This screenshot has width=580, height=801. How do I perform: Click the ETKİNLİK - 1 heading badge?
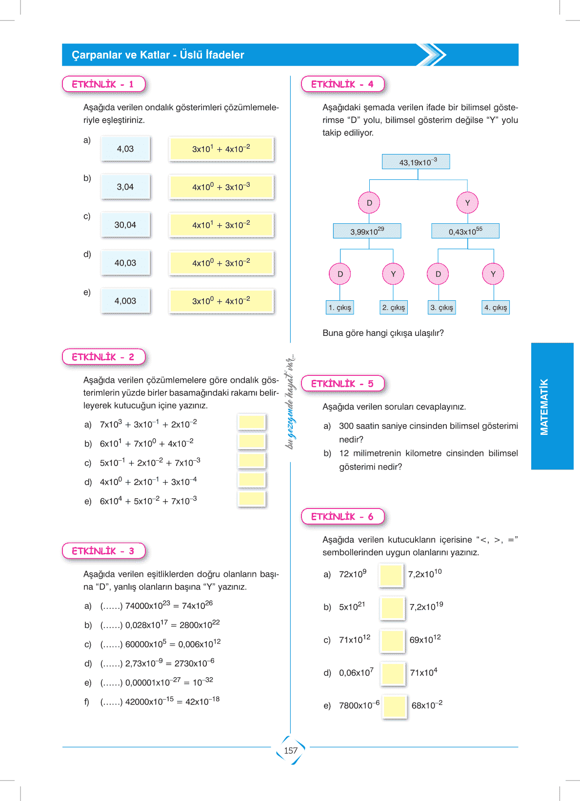(103, 84)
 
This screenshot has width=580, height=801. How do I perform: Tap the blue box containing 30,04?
(125, 225)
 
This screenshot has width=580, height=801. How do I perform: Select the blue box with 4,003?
(125, 301)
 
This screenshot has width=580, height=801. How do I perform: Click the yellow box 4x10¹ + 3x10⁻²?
(221, 225)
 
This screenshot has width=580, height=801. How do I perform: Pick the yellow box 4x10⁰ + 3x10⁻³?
(221, 187)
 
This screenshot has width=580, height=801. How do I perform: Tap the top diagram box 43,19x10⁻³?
(416, 162)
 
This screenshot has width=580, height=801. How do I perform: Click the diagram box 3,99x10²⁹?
(367, 231)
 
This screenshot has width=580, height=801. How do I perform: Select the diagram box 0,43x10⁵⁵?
(465, 231)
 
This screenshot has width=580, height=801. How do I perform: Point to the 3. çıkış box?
(442, 308)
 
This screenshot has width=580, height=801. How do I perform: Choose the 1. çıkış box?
(340, 308)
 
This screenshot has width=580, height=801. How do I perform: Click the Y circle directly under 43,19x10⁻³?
(467, 203)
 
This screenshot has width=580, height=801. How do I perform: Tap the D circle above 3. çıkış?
(438, 274)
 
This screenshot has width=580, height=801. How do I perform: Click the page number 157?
(291, 751)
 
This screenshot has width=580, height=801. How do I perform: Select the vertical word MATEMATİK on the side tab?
(544, 407)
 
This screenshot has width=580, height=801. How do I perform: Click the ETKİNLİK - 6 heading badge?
(342, 517)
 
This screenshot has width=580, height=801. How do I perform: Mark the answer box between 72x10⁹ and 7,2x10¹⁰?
(391, 575)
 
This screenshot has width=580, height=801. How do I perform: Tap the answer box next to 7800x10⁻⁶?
(395, 706)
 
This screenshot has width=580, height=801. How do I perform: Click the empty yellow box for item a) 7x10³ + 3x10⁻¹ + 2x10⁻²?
(252, 422)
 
